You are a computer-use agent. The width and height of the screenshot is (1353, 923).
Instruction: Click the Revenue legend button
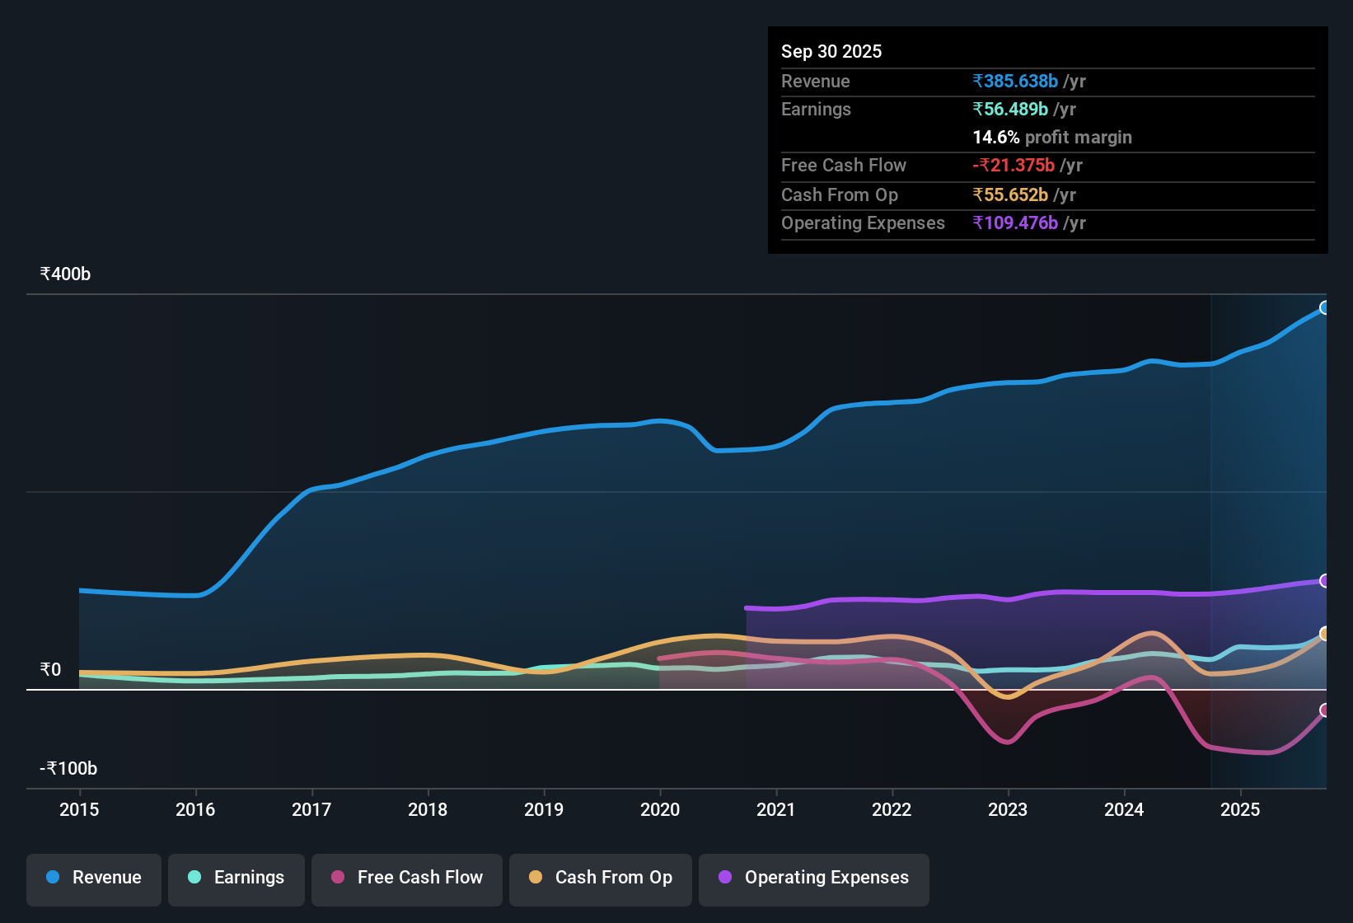(x=94, y=878)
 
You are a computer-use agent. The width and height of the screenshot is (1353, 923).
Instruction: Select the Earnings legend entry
(x=236, y=878)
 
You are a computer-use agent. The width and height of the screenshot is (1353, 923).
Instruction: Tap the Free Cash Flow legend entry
(x=407, y=878)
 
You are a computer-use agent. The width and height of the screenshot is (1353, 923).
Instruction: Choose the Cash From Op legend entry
(x=601, y=878)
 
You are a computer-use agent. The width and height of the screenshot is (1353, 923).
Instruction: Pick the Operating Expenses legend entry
(x=814, y=878)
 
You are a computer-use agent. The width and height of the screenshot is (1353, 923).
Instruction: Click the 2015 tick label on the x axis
(x=79, y=809)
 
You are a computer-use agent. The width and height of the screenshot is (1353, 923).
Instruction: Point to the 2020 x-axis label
(x=660, y=809)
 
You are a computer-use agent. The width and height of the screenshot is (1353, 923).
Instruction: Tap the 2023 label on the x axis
(x=1008, y=809)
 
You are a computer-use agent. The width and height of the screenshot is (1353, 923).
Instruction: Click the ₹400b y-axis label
(x=65, y=274)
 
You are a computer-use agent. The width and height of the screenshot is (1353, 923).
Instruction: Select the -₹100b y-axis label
(x=68, y=769)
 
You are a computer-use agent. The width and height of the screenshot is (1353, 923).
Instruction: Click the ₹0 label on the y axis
(x=50, y=669)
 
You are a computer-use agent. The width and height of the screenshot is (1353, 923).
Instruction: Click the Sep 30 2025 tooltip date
(x=831, y=51)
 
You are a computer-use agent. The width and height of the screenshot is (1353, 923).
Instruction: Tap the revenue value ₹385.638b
(x=1015, y=81)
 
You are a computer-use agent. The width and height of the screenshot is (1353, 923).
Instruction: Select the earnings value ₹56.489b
(x=1010, y=109)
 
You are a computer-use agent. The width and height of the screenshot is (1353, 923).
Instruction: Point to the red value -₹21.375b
(x=1014, y=165)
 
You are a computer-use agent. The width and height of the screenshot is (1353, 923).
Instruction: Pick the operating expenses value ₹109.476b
(x=1015, y=223)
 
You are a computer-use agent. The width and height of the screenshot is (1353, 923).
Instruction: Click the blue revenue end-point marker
(x=1324, y=307)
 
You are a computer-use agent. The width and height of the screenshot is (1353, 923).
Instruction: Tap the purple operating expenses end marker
(x=1324, y=581)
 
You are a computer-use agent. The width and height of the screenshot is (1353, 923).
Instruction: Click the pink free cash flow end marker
(x=1324, y=710)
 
